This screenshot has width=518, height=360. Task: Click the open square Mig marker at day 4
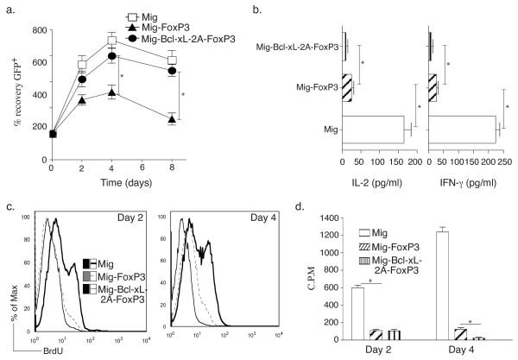click(x=111, y=41)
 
